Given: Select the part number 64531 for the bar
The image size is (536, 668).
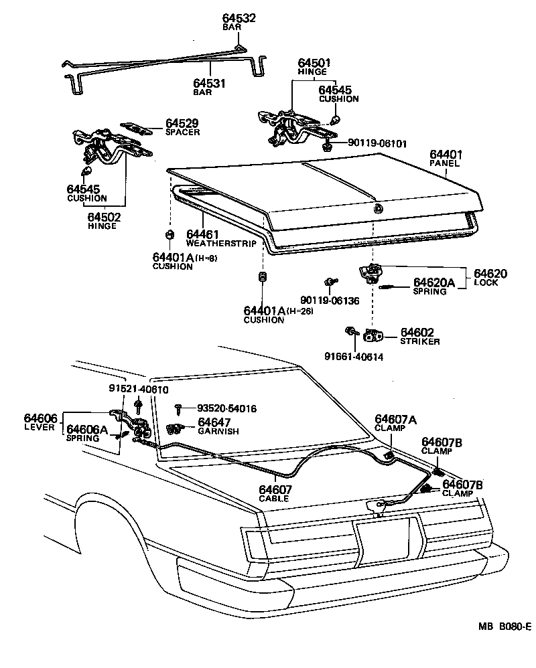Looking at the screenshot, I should tap(209, 84).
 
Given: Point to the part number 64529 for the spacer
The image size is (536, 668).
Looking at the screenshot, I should tap(182, 123).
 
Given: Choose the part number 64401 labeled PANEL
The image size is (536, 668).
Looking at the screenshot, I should tap(446, 155).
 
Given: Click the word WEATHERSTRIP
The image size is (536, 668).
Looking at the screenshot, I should tap(221, 244).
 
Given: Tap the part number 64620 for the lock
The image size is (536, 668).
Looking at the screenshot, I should tap(490, 273).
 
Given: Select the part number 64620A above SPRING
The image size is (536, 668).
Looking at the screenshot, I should tap(434, 282).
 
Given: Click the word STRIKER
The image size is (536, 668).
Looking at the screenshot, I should tap(420, 341).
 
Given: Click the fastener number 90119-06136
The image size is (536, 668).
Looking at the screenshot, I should tap(329, 301).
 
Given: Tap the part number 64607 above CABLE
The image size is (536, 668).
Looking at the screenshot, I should tap(275, 489).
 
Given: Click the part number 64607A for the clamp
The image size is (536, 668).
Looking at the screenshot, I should tap(395, 420).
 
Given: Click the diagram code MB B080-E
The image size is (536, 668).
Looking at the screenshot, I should tap(505, 627).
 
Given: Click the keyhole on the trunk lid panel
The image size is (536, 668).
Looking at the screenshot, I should tap(379, 208).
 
